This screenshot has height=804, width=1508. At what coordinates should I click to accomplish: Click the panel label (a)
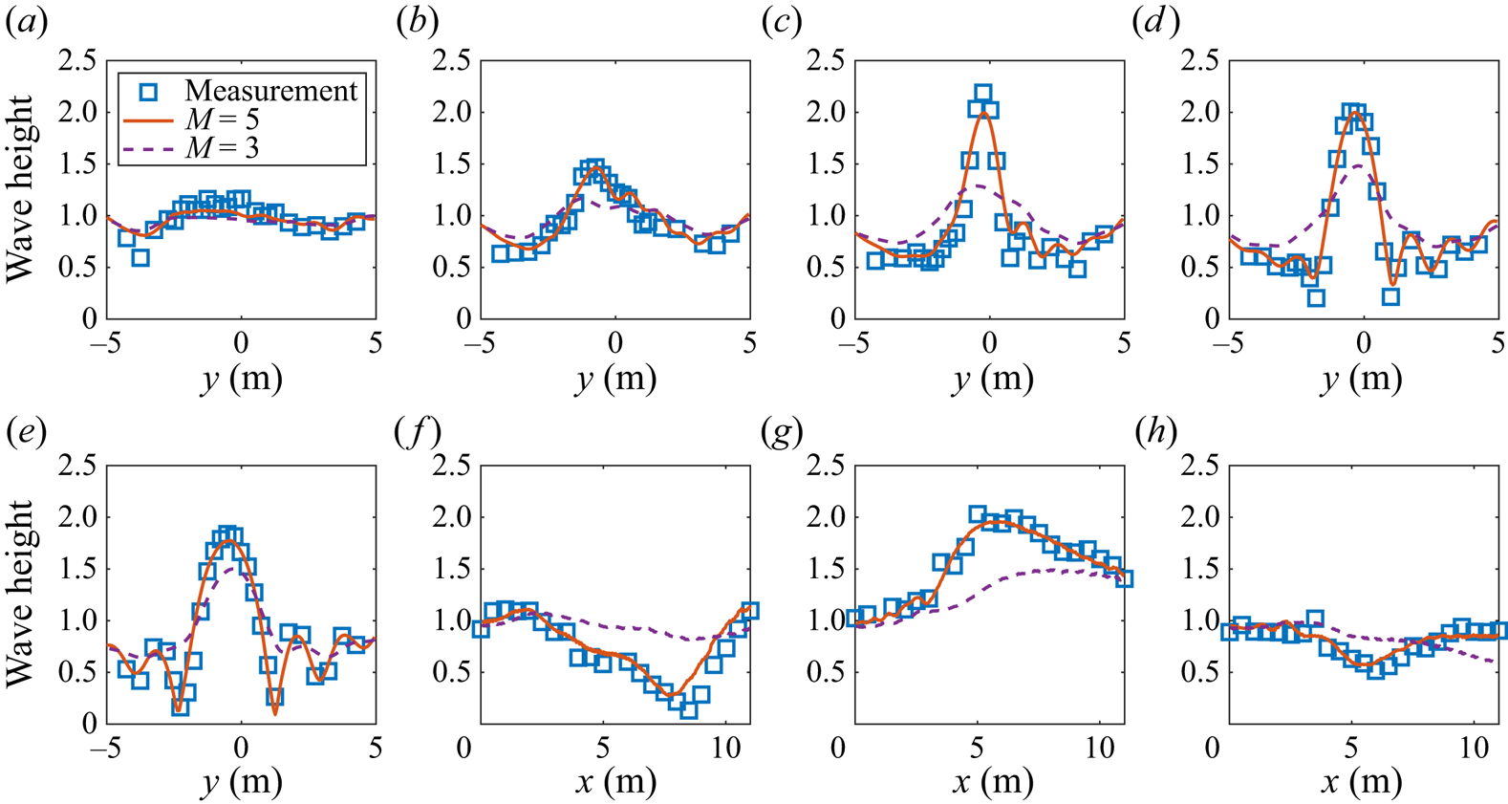26,22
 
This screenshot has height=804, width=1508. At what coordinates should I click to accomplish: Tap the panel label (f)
418,433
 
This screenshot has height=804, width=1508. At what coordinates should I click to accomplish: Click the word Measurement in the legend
270,91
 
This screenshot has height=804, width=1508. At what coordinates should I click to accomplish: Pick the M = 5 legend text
222,120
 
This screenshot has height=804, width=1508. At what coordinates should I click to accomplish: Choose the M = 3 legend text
222,147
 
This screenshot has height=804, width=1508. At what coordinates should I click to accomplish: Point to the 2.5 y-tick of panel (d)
1201,61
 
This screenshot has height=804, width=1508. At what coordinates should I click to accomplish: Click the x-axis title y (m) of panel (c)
991,379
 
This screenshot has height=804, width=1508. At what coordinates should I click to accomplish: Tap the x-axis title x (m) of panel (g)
991,783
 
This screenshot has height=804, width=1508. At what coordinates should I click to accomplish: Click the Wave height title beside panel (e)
21,593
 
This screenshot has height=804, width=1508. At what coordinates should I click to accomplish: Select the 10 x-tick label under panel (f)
725,747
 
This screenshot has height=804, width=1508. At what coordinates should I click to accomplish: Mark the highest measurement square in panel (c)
982,94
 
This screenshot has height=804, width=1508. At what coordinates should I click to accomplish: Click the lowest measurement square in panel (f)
688,709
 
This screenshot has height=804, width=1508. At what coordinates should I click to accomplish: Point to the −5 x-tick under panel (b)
481,342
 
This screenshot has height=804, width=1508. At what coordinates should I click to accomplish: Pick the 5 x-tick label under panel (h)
1350,747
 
